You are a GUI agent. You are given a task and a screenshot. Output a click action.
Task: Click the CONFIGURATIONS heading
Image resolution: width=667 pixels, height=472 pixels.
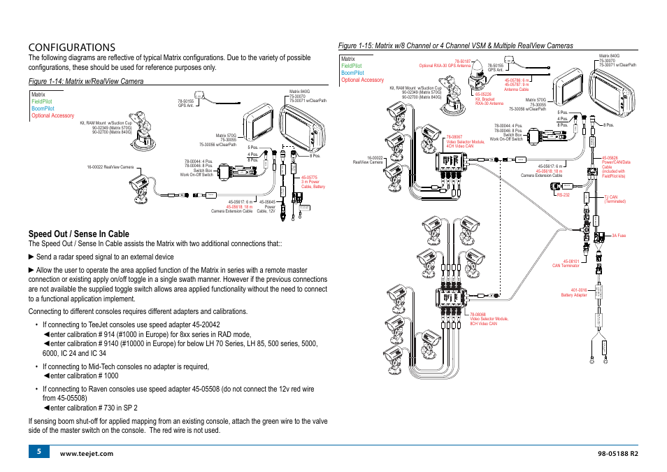(72, 47)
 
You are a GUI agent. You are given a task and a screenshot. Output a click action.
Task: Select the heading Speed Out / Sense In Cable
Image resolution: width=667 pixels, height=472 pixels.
(78, 234)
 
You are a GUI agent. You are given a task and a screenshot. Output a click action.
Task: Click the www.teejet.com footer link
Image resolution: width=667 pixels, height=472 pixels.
(87, 455)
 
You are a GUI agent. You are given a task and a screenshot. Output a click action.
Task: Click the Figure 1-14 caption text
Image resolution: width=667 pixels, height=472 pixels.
(86, 82)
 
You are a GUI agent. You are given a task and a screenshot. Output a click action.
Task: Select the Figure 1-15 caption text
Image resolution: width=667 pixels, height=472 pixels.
(455, 45)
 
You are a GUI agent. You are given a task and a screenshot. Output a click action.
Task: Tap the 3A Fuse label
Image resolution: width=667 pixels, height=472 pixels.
(619, 236)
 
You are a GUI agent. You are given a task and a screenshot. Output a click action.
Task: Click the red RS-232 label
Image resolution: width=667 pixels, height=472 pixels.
(564, 195)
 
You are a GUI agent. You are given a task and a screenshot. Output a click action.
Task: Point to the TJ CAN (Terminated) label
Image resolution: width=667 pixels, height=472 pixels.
(615, 199)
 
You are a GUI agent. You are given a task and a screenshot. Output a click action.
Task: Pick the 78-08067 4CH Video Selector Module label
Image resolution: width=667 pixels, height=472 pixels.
(465, 141)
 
